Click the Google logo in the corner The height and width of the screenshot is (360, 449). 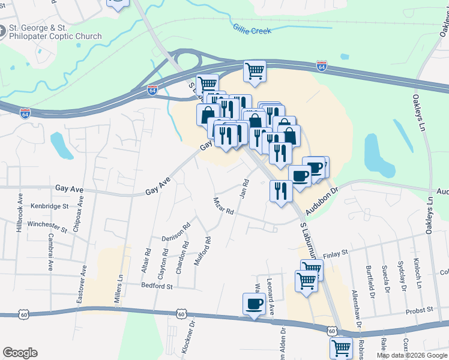pos(20,353)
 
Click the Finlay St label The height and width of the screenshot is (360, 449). pos(336,254)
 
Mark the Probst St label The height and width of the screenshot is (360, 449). pos(420,310)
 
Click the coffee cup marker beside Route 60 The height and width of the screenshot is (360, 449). pos(254,304)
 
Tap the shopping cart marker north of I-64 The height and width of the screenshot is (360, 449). pos(255,70)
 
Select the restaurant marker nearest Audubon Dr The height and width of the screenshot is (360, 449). pos(280,191)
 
